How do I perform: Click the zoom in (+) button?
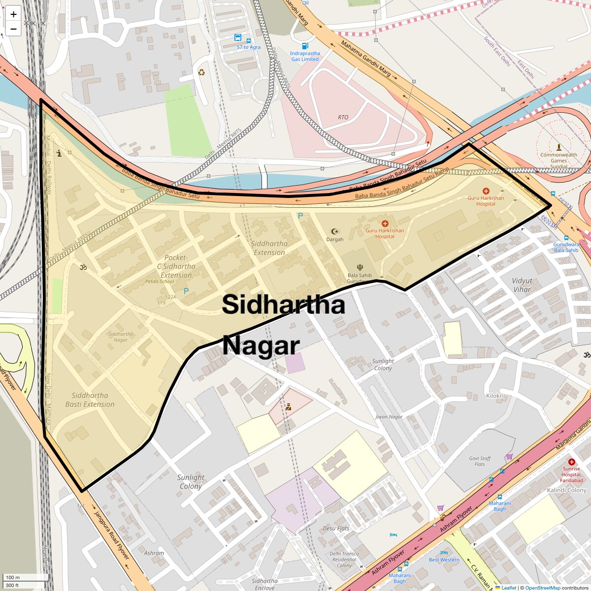tap(13, 14)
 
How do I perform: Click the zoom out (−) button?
tap(13, 29)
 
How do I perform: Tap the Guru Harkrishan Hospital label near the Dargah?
tap(385, 233)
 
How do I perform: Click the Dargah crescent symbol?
tap(335, 231)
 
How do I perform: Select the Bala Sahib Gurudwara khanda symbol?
tap(360, 267)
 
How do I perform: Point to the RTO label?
tap(343, 117)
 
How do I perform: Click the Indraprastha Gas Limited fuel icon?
tap(305, 46)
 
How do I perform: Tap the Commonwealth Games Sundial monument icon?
tap(558, 147)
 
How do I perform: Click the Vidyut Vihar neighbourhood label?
tap(522, 285)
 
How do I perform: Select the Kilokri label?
tap(494, 396)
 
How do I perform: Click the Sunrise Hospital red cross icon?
tap(571, 462)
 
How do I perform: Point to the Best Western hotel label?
tap(444, 559)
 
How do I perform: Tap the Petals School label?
tap(160, 282)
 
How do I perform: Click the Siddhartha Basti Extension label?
tap(90, 400)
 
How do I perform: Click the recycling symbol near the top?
tap(201, 73)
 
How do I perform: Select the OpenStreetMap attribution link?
tap(542, 588)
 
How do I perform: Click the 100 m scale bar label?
tap(13, 577)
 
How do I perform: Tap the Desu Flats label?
tap(336, 528)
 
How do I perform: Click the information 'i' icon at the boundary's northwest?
tap(59, 153)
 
